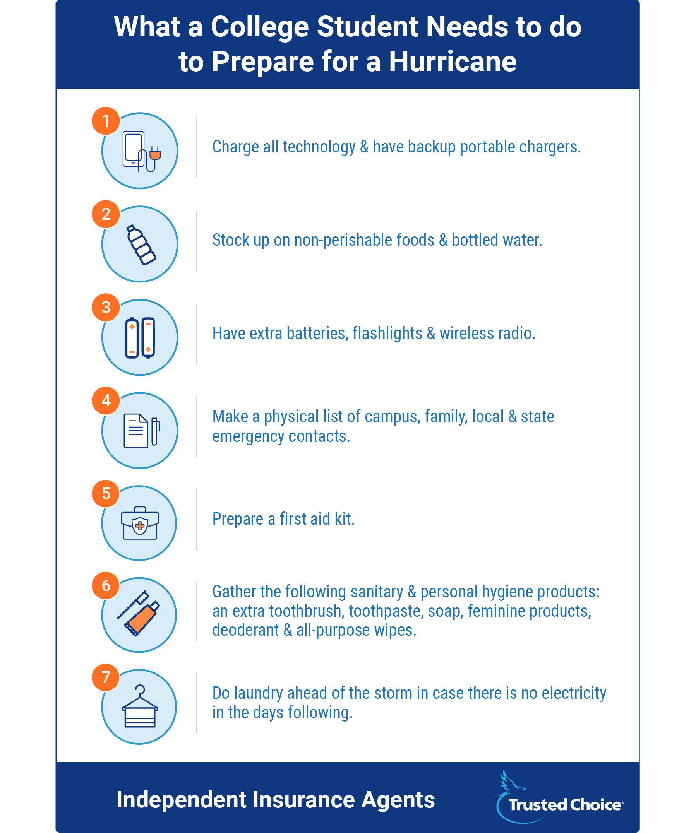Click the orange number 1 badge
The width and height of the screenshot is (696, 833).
(106, 121)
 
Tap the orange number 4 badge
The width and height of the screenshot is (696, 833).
(106, 400)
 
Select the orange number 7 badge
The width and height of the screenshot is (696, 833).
(106, 677)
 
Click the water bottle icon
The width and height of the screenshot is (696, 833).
(141, 245)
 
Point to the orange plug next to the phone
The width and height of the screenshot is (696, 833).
(155, 154)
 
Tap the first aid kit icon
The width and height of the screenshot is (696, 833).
(140, 523)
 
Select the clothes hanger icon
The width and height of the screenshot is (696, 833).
(140, 707)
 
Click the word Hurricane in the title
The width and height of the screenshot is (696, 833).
(453, 62)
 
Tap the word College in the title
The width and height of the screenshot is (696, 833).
(259, 27)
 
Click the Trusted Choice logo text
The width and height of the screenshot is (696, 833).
(566, 805)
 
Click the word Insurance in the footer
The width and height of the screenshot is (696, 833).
(303, 800)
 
